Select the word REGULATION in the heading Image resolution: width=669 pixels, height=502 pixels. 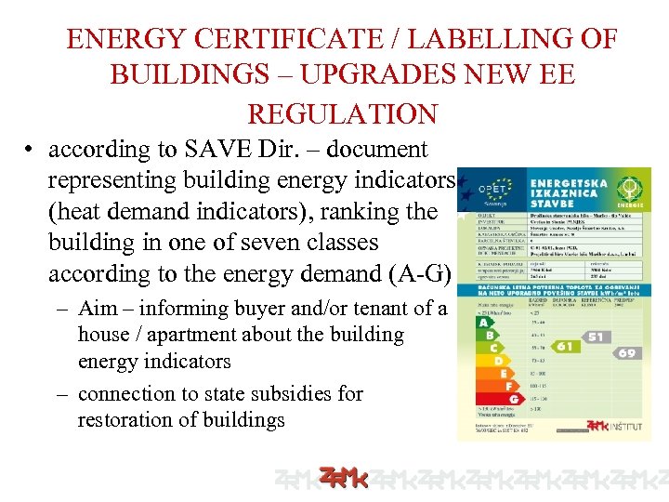(x=342, y=113)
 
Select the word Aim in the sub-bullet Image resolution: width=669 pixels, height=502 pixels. (x=98, y=309)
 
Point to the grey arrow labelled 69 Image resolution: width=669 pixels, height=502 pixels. (x=626, y=352)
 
